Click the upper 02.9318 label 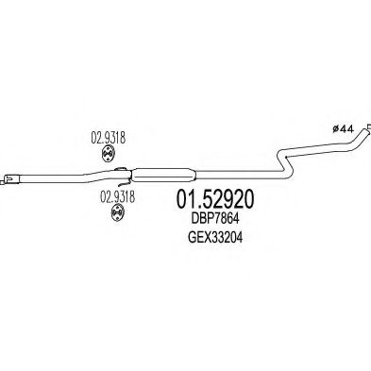[109, 135]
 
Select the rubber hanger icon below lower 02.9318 [111, 216]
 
